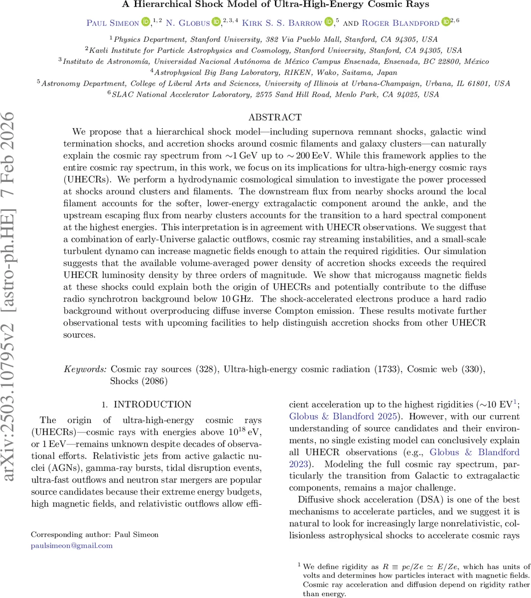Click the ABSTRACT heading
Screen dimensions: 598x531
[275, 117]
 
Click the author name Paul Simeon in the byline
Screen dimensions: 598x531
[113, 22]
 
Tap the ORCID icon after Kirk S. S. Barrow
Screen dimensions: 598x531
[330, 22]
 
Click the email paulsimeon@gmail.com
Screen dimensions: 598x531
[72, 545]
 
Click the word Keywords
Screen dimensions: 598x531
[85, 369]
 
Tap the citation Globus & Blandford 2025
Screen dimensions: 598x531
[343, 417]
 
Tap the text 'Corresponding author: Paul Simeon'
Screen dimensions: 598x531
[95, 534]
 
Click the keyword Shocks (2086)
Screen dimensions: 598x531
[139, 381]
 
